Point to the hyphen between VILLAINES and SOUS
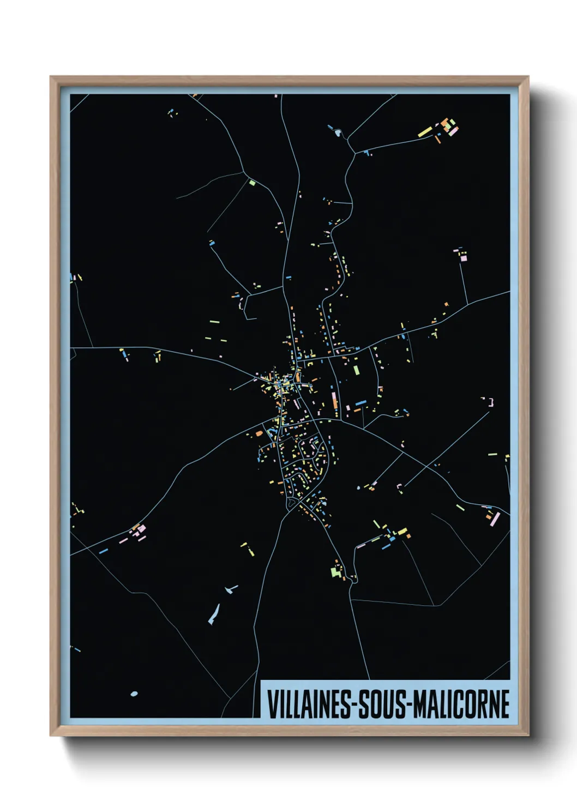point(355,704)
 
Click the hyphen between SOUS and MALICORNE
point(409,704)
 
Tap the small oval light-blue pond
point(134,694)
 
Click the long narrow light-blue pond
point(213,614)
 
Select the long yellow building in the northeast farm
point(425,132)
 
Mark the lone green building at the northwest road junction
point(252,182)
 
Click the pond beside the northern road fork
point(338,132)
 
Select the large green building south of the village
point(335,571)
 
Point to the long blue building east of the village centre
point(360,403)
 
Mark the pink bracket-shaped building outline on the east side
point(491,402)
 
